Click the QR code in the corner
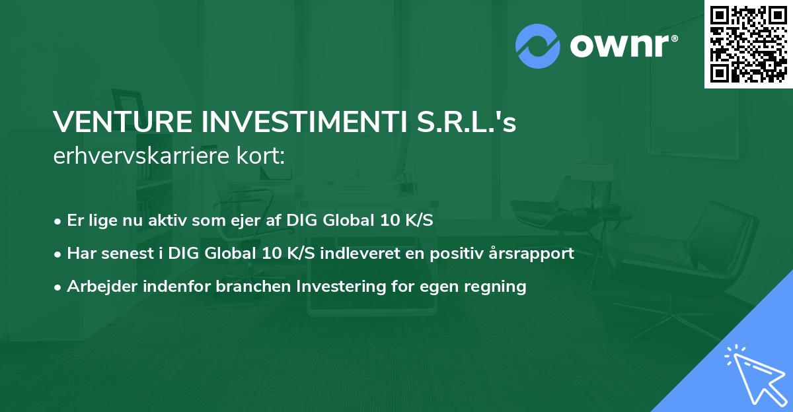point(748,44)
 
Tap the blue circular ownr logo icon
point(538,46)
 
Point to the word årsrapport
point(535,254)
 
